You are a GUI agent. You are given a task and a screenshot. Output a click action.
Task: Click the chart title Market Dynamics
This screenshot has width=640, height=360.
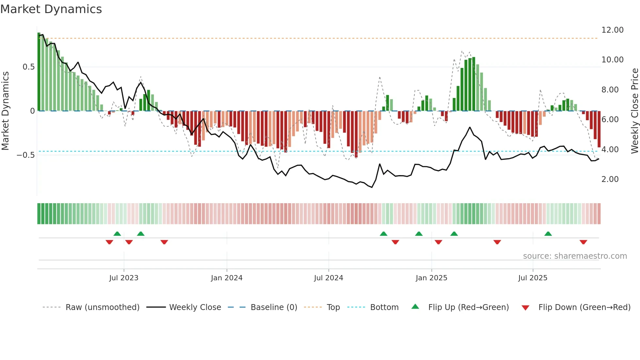tap(51, 9)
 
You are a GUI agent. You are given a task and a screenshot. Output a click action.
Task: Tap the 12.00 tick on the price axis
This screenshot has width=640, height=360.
tap(612, 30)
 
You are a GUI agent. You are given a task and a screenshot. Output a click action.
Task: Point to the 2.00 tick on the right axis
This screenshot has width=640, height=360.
tap(610, 179)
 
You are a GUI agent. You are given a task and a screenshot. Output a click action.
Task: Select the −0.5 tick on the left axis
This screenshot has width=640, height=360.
tap(25, 155)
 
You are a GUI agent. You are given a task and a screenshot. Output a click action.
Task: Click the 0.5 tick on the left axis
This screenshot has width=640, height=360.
tap(28, 67)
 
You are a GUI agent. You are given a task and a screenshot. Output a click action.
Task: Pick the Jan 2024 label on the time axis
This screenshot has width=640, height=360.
tap(227, 278)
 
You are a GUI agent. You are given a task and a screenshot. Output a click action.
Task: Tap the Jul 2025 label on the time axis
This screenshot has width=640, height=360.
tap(533, 278)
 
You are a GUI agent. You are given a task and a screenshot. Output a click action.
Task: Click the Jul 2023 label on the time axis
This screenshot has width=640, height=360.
tap(124, 278)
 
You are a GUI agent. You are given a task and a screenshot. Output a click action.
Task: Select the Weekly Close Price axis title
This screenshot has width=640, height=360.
tap(634, 111)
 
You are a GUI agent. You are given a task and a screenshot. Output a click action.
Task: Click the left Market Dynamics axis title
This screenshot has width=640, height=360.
tap(5, 111)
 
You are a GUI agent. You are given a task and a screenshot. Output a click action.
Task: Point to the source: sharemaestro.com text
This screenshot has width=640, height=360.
tap(575, 256)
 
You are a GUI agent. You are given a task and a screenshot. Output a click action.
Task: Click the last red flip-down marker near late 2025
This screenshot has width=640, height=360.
tap(583, 242)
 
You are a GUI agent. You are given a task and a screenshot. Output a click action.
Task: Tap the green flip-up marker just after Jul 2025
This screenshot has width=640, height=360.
tap(548, 234)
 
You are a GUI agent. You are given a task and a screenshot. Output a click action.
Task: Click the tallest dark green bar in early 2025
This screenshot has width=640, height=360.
tap(473, 84)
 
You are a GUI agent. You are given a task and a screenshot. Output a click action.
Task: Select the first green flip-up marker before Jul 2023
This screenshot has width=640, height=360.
tap(117, 234)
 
